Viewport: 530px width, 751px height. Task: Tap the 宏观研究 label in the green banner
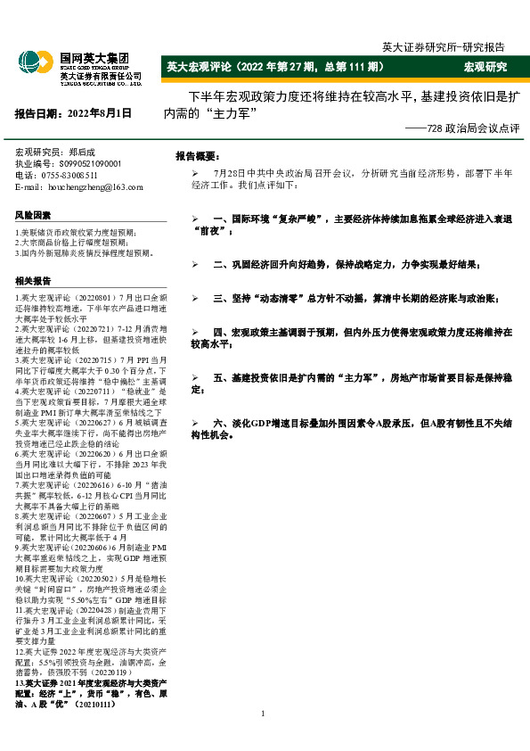pos(485,67)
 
